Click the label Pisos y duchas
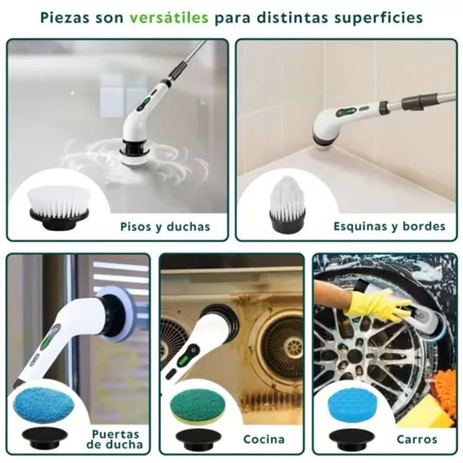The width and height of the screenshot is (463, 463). pos(165,227)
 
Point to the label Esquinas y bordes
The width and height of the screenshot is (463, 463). pos(389,227)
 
